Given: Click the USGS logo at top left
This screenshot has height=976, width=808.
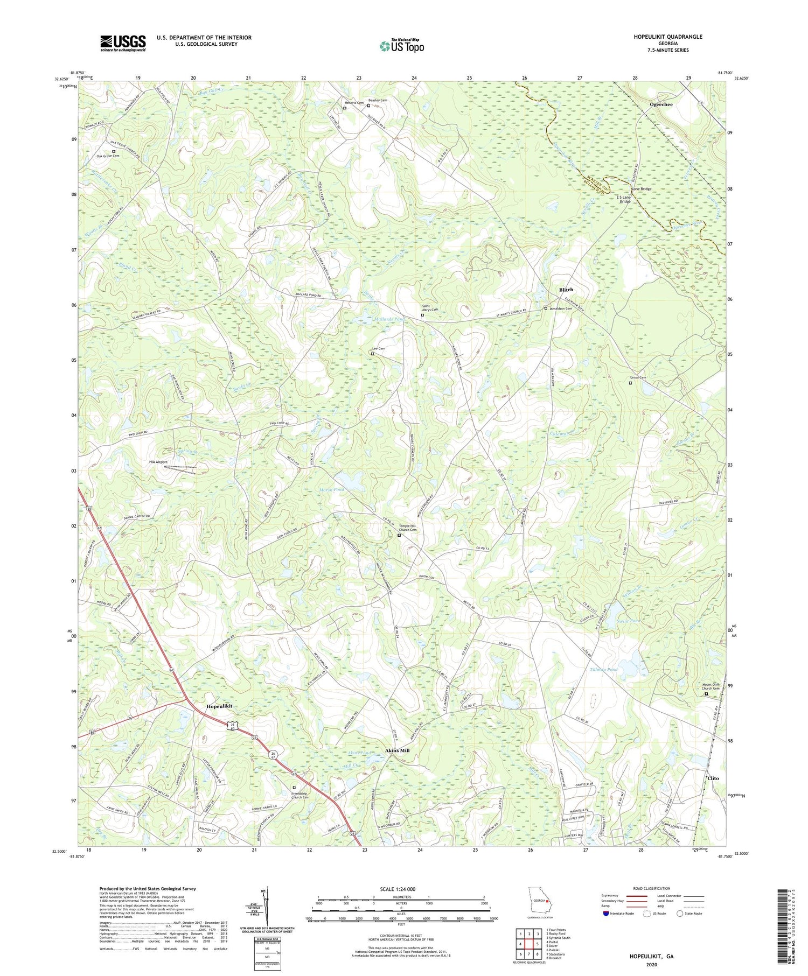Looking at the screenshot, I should (123, 43).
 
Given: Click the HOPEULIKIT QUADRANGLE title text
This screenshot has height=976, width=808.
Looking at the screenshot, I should (668, 37).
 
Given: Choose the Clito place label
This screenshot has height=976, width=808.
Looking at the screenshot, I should (713, 778).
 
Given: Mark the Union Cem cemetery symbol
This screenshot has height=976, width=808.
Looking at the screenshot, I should (630, 383).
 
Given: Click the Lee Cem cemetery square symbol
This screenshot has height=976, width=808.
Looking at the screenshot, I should (372, 354).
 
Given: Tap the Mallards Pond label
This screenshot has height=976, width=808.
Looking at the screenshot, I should (389, 319).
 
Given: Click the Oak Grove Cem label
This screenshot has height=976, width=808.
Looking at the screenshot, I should (108, 156).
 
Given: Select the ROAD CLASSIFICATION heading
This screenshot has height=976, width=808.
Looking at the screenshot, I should (652, 888).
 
